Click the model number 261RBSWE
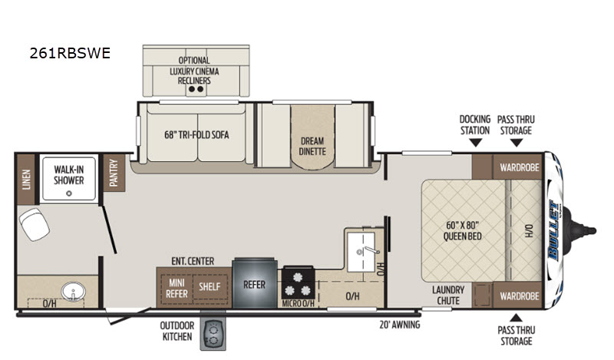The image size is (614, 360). pos(70,53)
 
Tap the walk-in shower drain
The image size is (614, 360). pos(69,193)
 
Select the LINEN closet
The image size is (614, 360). pos(26,180)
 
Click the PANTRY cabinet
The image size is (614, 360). pos(114,173)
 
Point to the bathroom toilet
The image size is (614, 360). pos(34,224)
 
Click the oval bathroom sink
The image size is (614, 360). pos(73,292)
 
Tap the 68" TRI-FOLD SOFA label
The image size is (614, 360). pos(196,135)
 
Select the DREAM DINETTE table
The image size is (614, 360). pos(312,137)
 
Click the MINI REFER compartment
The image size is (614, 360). pos(177,288)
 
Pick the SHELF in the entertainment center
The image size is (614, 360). pos(210,287)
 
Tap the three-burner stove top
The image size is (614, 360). pos(298,283)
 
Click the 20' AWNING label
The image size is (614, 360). pos(399,325)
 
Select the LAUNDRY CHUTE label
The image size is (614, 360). pos(448,296)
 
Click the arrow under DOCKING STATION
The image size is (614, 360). pos(475,143)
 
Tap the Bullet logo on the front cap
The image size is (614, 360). pos(553,230)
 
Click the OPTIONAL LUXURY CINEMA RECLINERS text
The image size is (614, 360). pos(194,71)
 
